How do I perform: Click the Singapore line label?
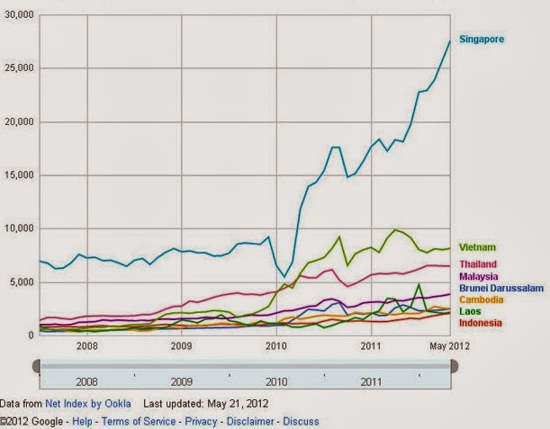pyautogui.click(x=482, y=40)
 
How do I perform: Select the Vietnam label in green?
pyautogui.click(x=477, y=247)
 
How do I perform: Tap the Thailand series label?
pyautogui.click(x=478, y=264)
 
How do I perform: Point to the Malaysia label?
pyautogui.click(x=479, y=276)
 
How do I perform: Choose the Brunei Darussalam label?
pyautogui.click(x=500, y=288)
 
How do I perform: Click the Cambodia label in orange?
pyautogui.click(x=482, y=299)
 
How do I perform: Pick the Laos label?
pyautogui.click(x=470, y=311)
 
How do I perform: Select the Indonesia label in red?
pyautogui.click(x=481, y=323)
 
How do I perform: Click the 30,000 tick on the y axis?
pyautogui.click(x=18, y=15)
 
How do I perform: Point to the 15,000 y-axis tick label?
pyautogui.click(x=18, y=175)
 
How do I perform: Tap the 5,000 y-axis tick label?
pyautogui.click(x=20, y=282)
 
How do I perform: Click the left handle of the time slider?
pyautogui.click(x=37, y=365)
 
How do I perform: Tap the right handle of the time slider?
pyautogui.click(x=453, y=365)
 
